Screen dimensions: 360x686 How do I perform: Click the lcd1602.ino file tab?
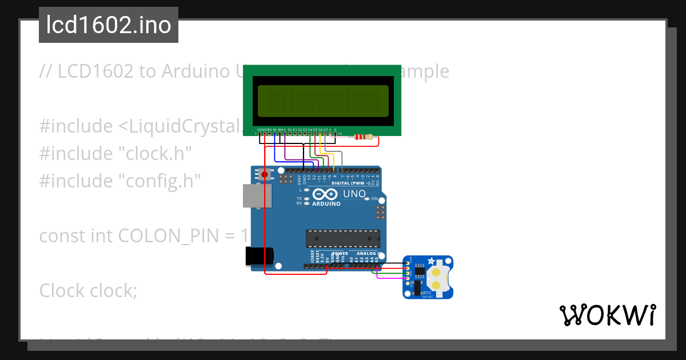point(109,25)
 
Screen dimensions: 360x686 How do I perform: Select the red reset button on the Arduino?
point(264,174)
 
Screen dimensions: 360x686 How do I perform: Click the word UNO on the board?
point(354,194)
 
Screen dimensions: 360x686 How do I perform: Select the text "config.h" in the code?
point(160,181)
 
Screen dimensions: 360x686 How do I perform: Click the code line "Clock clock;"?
point(88,291)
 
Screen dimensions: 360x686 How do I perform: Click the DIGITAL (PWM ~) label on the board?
point(354,183)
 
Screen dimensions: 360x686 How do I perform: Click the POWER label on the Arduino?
point(340,253)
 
